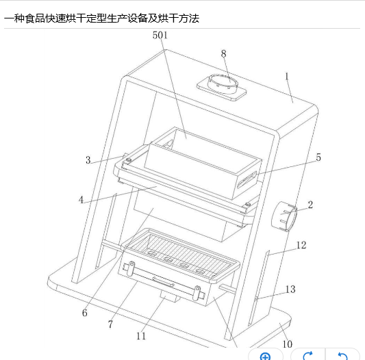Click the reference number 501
pyautogui.click(x=160, y=35)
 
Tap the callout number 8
pyautogui.click(x=223, y=54)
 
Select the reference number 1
pyautogui.click(x=287, y=77)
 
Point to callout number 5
pyautogui.click(x=318, y=157)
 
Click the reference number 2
pyautogui.click(x=310, y=205)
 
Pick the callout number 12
pyautogui.click(x=301, y=245)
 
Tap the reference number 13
pyautogui.click(x=290, y=290)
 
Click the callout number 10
pyautogui.click(x=287, y=344)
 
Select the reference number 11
pyautogui.click(x=141, y=336)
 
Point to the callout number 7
pyautogui.click(x=110, y=324)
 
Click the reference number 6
pyautogui.click(x=85, y=313)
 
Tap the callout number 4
pyautogui.click(x=81, y=200)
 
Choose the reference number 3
pyautogui.click(x=88, y=160)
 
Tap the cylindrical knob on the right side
pyautogui.click(x=284, y=216)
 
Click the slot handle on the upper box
pyautogui.click(x=247, y=180)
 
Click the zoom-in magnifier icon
pyautogui.click(x=266, y=357)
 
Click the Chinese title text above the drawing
pyautogui.click(x=101, y=18)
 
